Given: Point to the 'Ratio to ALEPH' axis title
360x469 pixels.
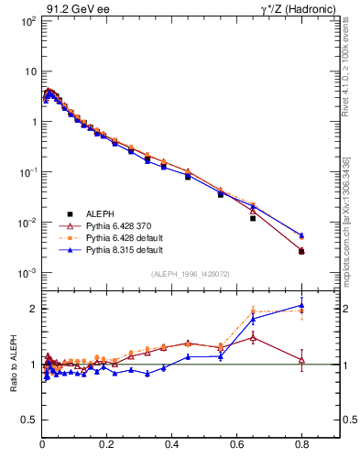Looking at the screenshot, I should coord(13,365).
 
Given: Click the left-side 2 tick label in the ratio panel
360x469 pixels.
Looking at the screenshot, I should coord(35,309).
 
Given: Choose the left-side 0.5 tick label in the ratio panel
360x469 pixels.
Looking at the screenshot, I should coord(30,420).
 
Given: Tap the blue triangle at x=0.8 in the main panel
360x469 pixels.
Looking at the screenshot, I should coord(301,234).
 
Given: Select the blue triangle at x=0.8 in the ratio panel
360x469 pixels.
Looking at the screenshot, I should coord(301,306).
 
